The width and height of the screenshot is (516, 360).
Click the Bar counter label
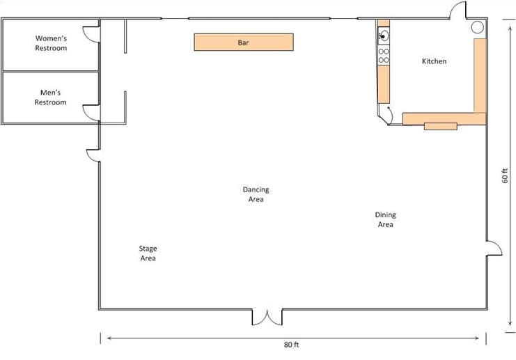coord(243,42)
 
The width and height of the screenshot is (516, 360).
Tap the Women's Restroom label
coord(51,43)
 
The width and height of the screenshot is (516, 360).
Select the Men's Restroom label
coord(50,97)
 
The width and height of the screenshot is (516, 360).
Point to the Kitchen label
coord(434,61)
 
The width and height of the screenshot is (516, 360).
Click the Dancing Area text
coord(256,194)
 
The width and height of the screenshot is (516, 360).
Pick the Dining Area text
coord(385,219)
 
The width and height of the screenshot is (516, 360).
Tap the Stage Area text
coord(148,253)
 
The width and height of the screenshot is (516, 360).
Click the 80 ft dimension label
coord(291,345)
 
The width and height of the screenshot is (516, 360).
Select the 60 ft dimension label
coord(505,175)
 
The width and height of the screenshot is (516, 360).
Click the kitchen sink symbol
coord(384,36)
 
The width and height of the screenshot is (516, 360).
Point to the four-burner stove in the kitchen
coord(384,56)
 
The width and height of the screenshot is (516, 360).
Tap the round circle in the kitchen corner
coord(477,27)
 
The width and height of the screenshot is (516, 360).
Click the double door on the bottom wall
coord(267,318)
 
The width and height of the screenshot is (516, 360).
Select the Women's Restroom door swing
coord(91,34)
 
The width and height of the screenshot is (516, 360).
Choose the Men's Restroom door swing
coord(91,113)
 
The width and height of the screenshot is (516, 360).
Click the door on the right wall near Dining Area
coord(494,248)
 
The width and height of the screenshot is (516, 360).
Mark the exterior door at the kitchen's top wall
coord(458,10)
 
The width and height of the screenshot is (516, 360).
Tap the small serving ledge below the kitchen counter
coord(441,126)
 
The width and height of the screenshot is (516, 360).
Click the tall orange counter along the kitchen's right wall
coord(480,75)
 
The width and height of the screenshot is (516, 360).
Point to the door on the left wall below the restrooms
coord(93,156)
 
